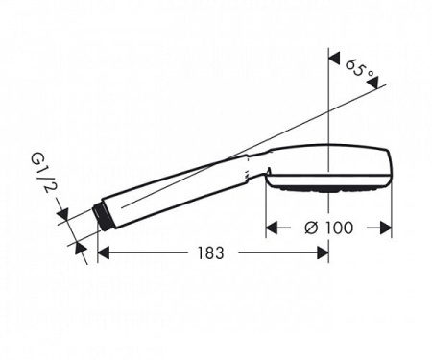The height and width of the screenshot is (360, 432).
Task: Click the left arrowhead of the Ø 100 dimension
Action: click(x=272, y=228)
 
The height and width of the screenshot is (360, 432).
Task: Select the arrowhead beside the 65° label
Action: click(x=335, y=58)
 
